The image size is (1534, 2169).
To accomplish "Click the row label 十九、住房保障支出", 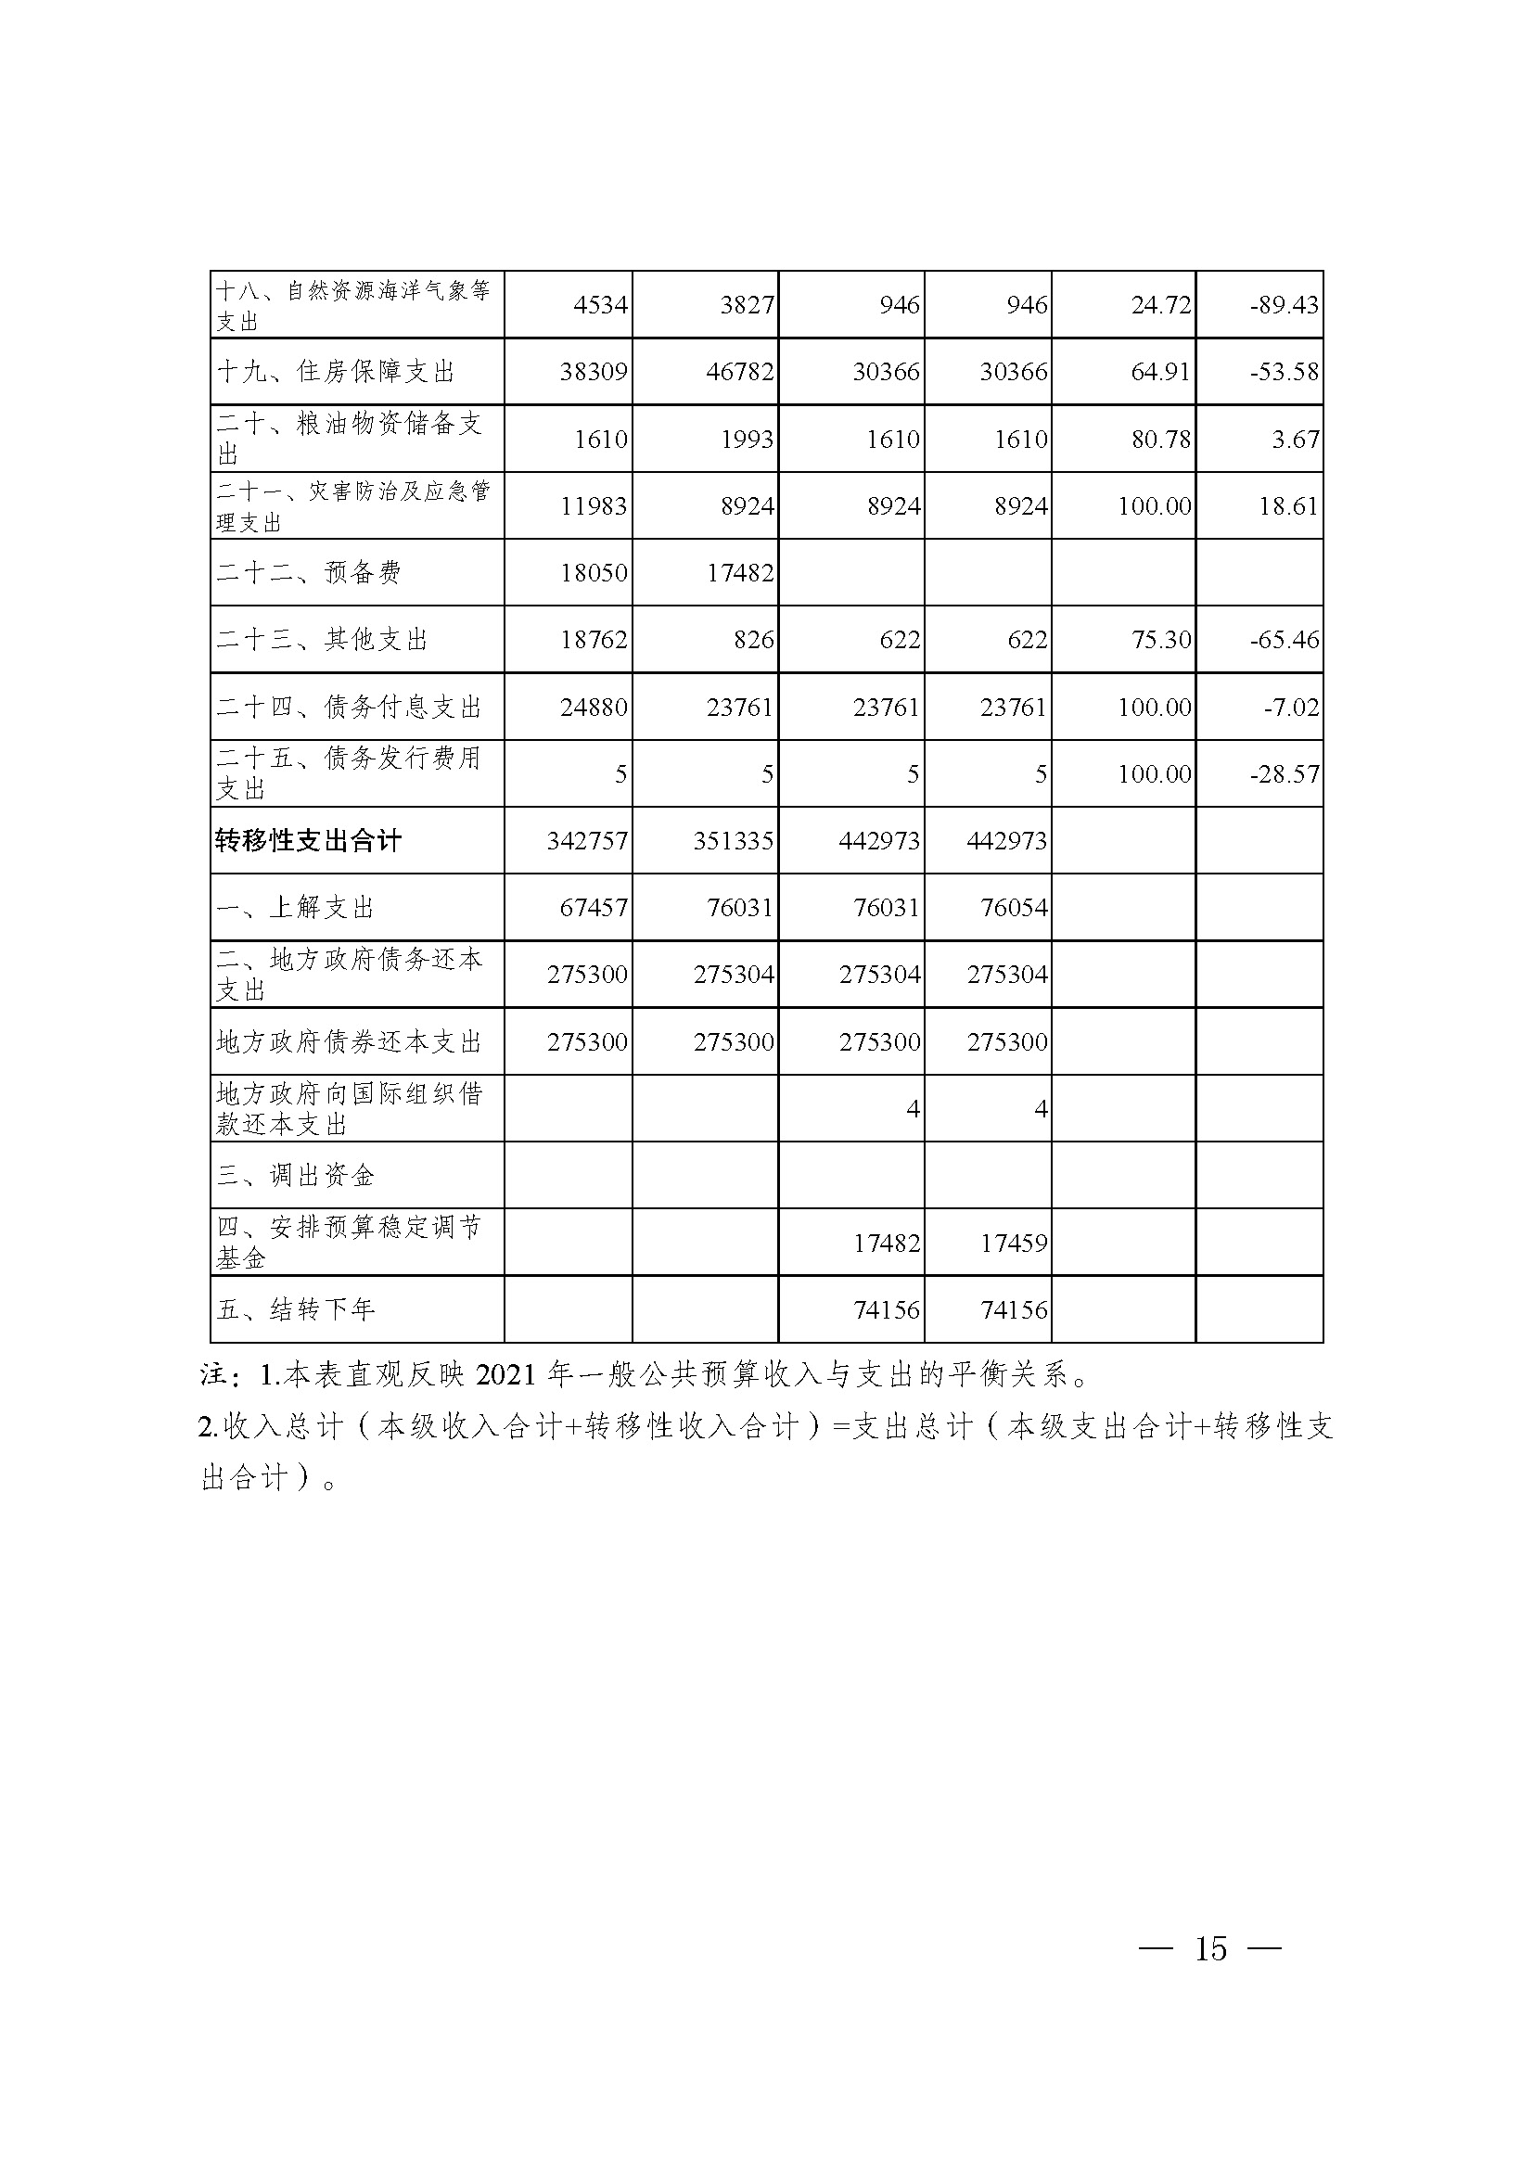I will (x=337, y=371).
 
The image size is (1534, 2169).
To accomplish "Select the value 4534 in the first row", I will (x=600, y=305).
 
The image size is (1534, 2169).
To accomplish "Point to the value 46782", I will (x=739, y=371).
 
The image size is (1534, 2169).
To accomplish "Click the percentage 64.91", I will (x=1161, y=371).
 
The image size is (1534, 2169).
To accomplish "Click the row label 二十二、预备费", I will (x=309, y=572).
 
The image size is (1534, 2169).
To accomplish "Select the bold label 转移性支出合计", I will (x=309, y=841).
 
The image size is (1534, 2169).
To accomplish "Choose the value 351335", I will (x=733, y=841).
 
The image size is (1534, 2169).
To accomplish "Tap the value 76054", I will (x=1014, y=908).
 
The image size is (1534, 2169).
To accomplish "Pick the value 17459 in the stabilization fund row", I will (x=1014, y=1244).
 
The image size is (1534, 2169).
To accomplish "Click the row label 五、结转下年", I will (x=297, y=1309).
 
